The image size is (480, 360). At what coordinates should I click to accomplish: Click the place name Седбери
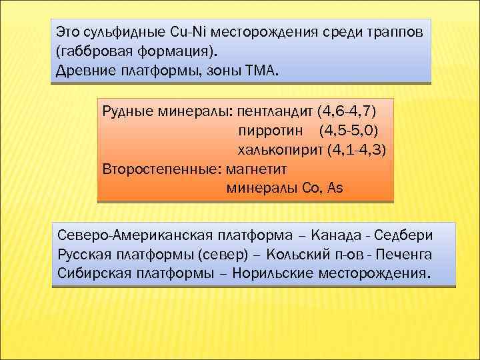click(403, 235)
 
